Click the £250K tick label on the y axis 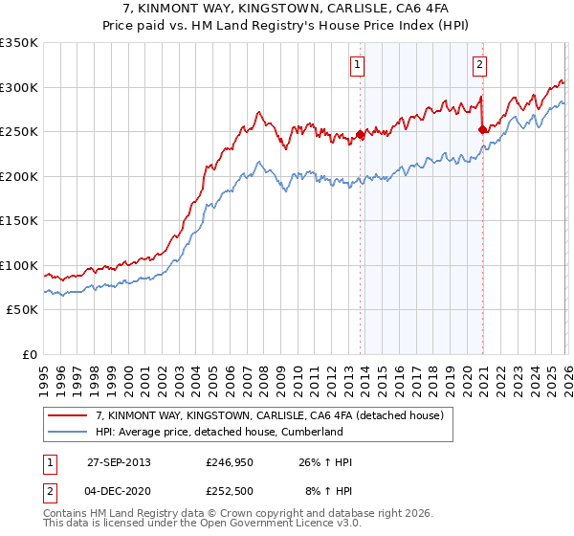pyautogui.click(x=18, y=132)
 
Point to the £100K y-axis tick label pyautogui.click(x=18, y=265)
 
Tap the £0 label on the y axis pyautogui.click(x=29, y=355)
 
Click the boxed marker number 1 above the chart pyautogui.click(x=357, y=65)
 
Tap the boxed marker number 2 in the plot pyautogui.click(x=478, y=65)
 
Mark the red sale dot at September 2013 pyautogui.click(x=360, y=135)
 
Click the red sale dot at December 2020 pyautogui.click(x=481, y=130)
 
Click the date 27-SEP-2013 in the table pyautogui.click(x=119, y=462)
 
